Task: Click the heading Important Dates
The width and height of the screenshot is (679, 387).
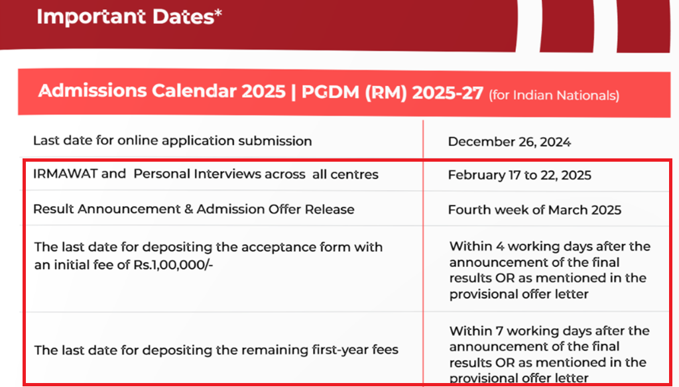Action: point(125,17)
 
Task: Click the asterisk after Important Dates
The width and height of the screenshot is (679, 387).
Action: point(217,13)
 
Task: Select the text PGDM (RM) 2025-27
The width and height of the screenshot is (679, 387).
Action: point(392,92)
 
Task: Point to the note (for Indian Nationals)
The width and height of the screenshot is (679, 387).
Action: point(554,95)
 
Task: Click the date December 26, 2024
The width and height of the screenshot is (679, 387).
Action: point(509,142)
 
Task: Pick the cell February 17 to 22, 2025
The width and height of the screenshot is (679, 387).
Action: point(519,176)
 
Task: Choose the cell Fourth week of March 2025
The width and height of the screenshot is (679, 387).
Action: point(534,210)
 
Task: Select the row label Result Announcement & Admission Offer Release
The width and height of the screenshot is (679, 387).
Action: point(194,209)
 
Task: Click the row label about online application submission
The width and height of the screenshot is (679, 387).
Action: point(172,140)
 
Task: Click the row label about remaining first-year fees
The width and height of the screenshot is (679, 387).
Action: point(216,349)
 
